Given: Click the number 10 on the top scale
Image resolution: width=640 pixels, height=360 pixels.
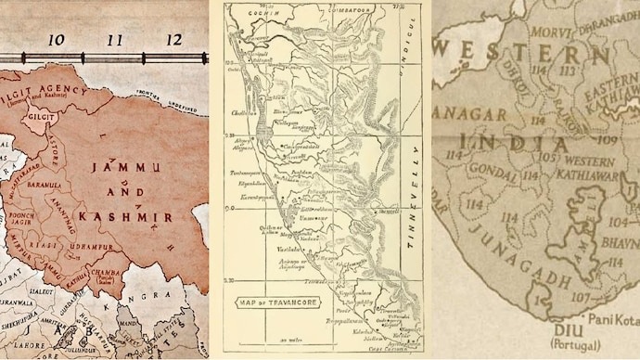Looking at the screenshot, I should pyautogui.click(x=56, y=41).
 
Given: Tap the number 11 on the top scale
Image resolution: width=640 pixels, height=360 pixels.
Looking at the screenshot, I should pyautogui.click(x=115, y=41).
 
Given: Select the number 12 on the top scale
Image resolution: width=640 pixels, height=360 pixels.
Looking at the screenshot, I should pyautogui.click(x=173, y=41).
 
